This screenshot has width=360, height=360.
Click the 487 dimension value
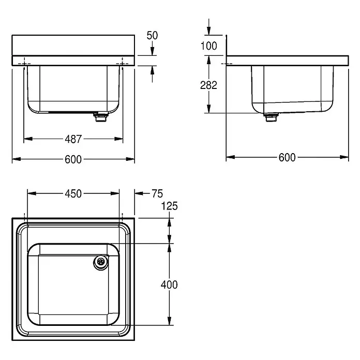[73, 139]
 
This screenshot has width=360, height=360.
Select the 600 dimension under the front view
[73, 159]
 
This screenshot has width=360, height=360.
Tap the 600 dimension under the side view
[287, 157]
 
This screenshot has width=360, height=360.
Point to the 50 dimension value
[152, 35]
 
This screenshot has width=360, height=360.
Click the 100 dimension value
[208, 46]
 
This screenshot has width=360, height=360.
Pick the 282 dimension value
[208, 85]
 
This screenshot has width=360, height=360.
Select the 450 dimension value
[73, 193]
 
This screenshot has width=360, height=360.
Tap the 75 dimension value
[157, 193]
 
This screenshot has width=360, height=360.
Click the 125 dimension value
[170, 206]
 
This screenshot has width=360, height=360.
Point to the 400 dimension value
[169, 284]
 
